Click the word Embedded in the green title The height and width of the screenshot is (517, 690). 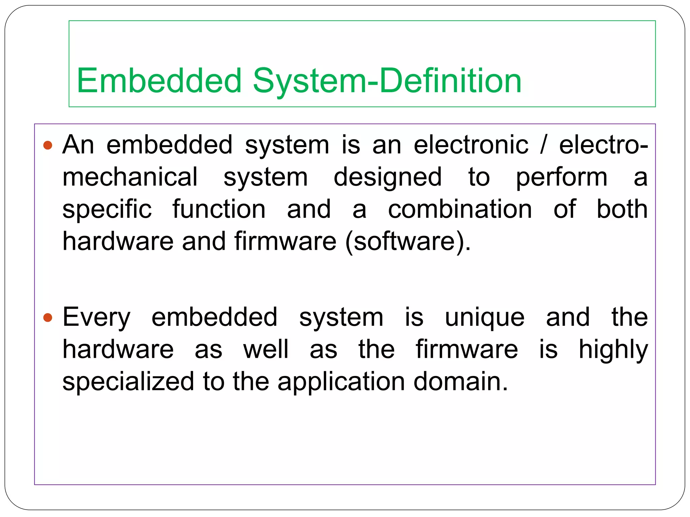(x=159, y=81)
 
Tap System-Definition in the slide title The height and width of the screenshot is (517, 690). (x=387, y=81)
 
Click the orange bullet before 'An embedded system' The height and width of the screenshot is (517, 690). (x=48, y=145)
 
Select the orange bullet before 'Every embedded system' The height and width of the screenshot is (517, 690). (x=48, y=317)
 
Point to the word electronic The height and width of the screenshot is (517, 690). (x=471, y=145)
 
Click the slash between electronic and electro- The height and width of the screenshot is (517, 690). (x=542, y=145)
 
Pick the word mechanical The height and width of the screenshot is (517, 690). (x=130, y=177)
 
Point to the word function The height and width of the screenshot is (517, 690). (x=219, y=209)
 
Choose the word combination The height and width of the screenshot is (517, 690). (x=460, y=209)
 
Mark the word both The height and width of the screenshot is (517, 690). (x=622, y=209)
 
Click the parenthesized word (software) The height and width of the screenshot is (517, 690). (x=408, y=242)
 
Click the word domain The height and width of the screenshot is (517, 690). (x=460, y=382)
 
